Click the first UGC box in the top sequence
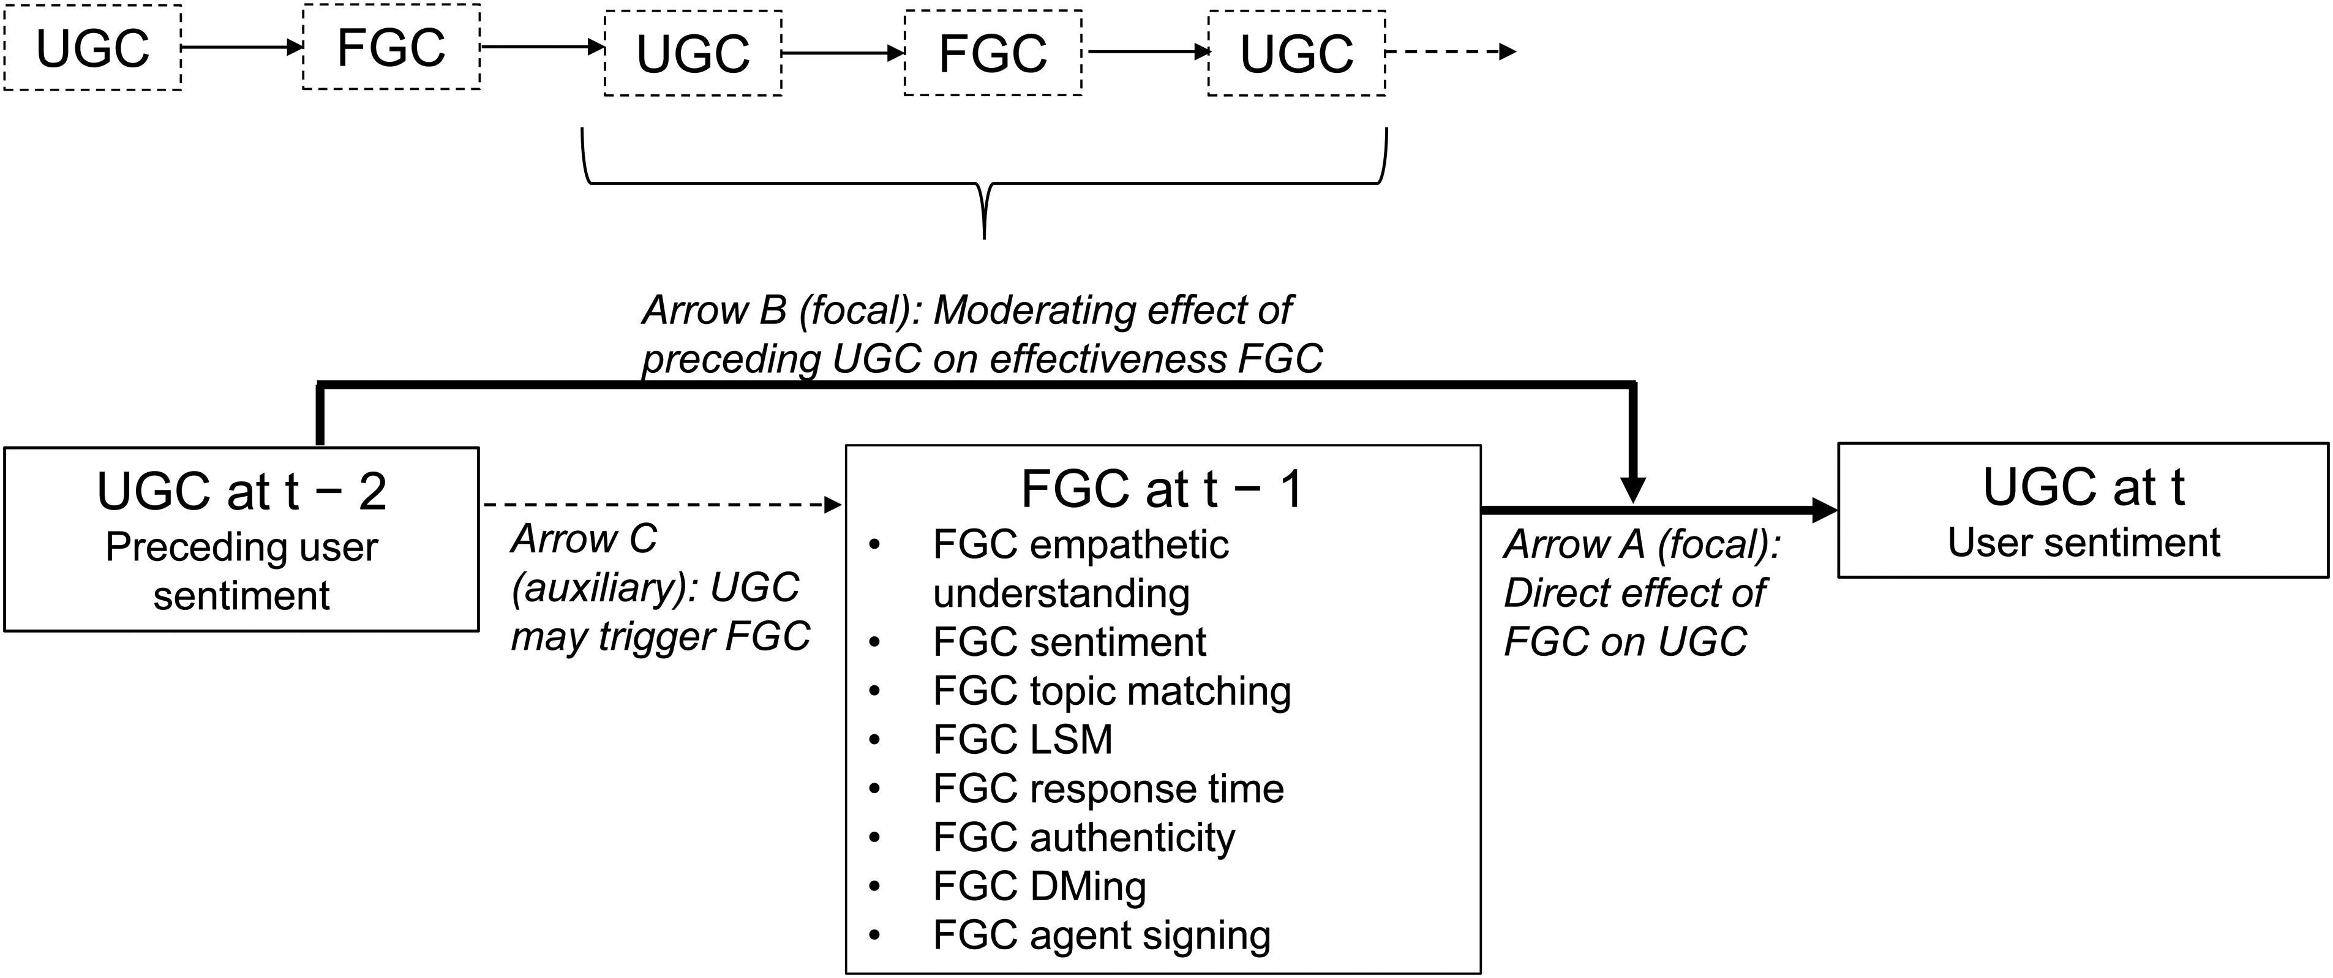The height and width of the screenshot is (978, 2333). [92, 47]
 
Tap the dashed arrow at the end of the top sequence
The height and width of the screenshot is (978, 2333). [1451, 51]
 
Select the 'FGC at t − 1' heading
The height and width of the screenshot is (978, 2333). [1162, 489]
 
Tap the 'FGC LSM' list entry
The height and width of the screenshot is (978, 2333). [1023, 740]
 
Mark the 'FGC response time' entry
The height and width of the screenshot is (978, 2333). [1108, 789]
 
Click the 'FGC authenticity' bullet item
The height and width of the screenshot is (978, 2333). [1084, 838]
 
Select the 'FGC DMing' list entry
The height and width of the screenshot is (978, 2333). [1040, 887]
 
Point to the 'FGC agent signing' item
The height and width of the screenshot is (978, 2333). [1102, 936]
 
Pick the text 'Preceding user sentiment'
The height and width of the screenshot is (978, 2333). [242, 571]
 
